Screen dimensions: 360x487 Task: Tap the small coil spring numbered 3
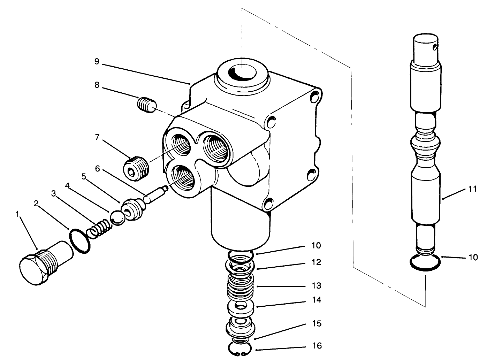99,230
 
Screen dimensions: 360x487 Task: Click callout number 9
97,62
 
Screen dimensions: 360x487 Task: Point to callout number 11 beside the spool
472,189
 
